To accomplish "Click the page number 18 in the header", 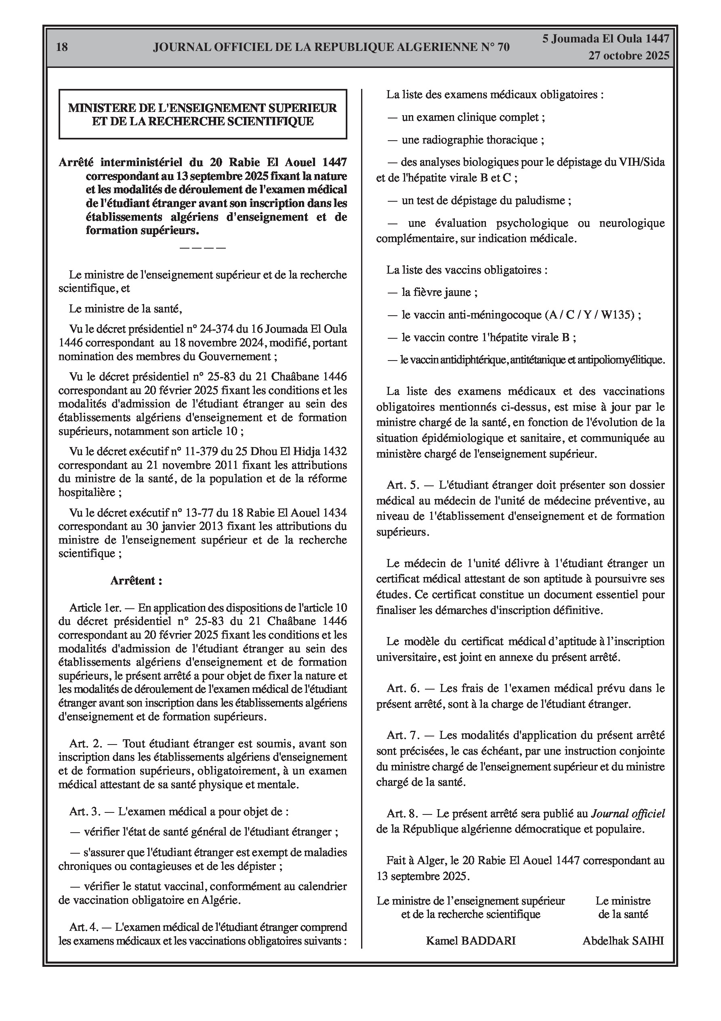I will tap(62, 47).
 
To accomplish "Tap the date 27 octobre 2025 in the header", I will tap(629, 56).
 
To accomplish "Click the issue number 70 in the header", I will tap(503, 47).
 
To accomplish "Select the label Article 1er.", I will tap(92, 608).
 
